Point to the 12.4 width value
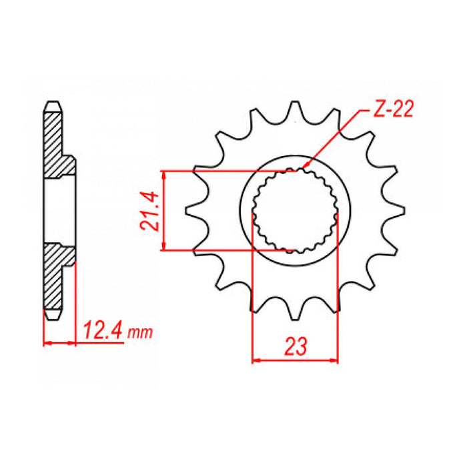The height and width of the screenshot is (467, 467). (104, 330)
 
